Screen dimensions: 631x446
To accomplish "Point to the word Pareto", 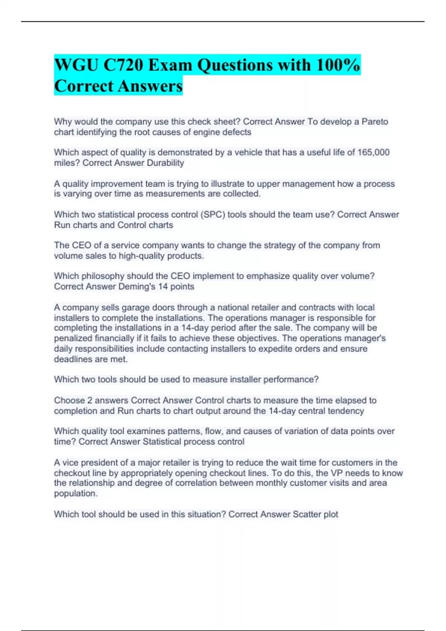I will (x=375, y=122).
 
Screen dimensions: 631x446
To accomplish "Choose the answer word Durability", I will (x=165, y=163).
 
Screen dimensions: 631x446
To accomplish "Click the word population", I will (x=76, y=494).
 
